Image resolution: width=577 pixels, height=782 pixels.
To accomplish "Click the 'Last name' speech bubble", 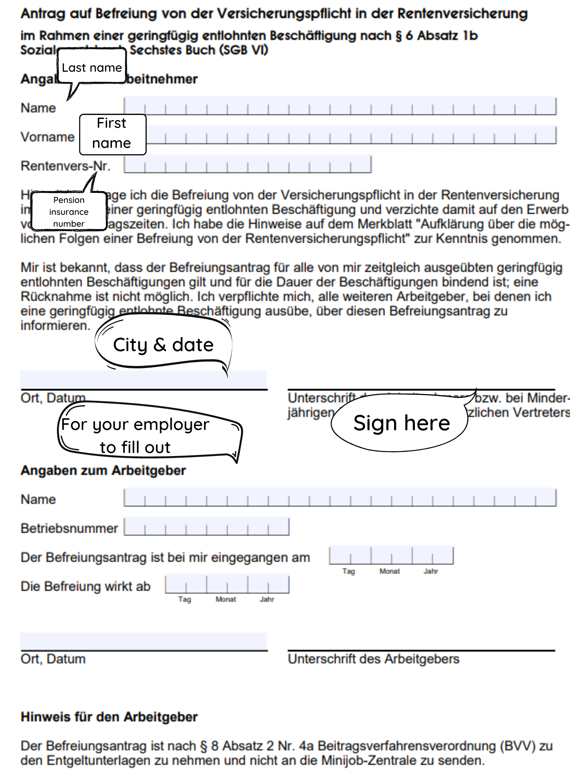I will (91, 67).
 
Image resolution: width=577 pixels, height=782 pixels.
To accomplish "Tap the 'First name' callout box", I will (112, 134).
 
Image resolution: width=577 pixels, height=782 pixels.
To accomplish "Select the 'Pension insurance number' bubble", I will (69, 211).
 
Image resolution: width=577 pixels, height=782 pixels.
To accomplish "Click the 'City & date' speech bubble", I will (163, 345).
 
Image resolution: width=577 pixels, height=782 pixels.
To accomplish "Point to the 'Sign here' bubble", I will (401, 423).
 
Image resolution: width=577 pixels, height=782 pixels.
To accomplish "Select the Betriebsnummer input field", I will (206, 527).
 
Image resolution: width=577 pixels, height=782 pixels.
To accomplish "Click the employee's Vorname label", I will (48, 137).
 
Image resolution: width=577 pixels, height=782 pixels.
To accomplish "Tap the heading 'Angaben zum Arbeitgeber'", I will (103, 471).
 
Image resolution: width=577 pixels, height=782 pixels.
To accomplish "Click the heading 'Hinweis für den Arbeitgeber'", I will (109, 717).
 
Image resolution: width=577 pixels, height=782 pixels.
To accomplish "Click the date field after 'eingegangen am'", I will (391, 556).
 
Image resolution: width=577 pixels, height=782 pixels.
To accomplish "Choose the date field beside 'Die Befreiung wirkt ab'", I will (227, 584).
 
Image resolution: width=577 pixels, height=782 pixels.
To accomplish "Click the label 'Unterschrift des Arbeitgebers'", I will (373, 659).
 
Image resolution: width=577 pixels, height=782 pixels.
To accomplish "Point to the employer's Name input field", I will (340, 498).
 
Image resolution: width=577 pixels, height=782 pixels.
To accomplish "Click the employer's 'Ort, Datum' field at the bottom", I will (144, 641).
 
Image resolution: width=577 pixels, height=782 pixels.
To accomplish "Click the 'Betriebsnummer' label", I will (69, 528).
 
